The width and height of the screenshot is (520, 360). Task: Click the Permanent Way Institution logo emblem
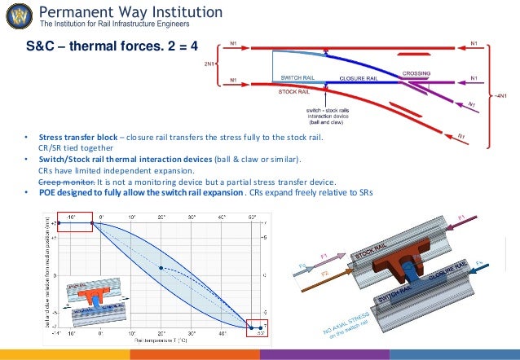pyautogui.click(x=17, y=15)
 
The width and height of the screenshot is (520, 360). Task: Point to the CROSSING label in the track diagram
pyautogui.click(x=416, y=72)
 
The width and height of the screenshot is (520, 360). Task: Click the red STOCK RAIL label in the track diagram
pyautogui.click(x=293, y=92)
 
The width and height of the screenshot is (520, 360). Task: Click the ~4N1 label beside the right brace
pyautogui.click(x=505, y=95)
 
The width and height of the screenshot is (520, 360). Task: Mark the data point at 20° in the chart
pyautogui.click(x=161, y=268)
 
